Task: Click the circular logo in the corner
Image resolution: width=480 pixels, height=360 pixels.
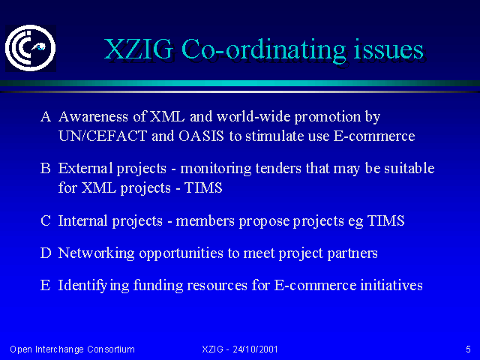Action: [30, 48]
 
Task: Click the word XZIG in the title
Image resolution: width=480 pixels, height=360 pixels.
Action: [139, 49]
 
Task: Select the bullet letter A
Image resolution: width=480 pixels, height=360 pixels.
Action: [46, 117]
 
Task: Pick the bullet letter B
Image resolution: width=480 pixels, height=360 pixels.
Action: [45, 168]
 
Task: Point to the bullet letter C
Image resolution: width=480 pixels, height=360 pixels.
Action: [45, 220]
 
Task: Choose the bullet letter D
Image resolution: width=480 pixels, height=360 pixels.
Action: [46, 253]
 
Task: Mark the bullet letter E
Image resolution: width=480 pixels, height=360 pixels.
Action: [45, 285]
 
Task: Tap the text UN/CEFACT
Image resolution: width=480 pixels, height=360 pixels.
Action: [103, 136]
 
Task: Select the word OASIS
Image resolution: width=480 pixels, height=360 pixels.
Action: [201, 136]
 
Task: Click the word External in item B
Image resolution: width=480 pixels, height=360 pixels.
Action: [85, 168]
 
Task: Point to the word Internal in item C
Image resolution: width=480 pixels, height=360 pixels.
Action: [83, 220]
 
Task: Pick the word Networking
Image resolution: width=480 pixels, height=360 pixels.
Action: [96, 253]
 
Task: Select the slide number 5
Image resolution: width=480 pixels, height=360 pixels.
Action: [468, 349]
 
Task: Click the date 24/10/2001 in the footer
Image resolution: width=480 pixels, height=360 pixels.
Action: [255, 349]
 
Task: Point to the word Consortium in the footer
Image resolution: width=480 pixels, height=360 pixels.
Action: [111, 349]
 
